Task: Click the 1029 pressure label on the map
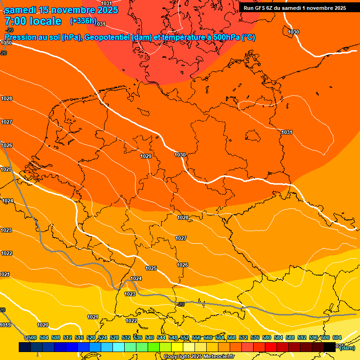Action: coord(146,156)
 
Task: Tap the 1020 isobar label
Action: coord(43,325)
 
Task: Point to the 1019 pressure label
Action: coord(6,325)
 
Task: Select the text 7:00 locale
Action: coord(33,21)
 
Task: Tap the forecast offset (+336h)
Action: coord(83,21)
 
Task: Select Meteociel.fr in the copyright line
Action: coord(217,357)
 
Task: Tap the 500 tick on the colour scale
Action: coord(32,337)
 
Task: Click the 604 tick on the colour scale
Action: coord(337,337)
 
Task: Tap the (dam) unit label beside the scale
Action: coord(347,348)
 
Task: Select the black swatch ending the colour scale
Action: coord(329,347)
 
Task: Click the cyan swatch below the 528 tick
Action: coord(119,347)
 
